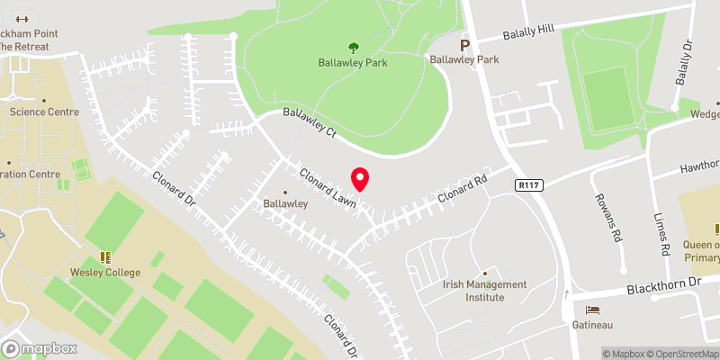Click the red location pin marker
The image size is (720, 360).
coord(360,179)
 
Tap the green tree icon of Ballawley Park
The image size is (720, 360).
coord(351,47)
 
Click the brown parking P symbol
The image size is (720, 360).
coord(465,44)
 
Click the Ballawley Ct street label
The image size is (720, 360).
coord(309,123)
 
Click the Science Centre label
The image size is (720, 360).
coord(44,112)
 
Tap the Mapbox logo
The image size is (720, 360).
coord(38,348)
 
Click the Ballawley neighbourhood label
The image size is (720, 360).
coord(286,203)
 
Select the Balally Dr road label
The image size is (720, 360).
coord(686,59)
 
